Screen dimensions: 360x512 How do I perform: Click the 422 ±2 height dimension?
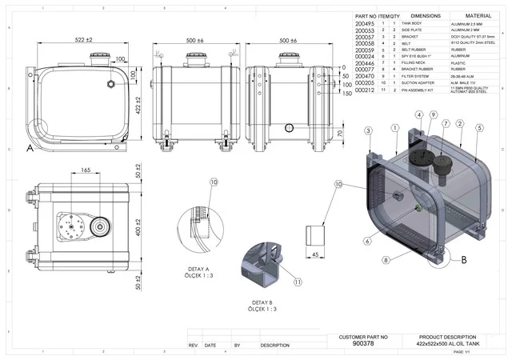(x=138, y=106)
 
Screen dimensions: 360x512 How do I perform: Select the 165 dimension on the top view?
(x=86, y=170)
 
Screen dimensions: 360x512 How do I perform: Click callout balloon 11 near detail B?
(x=297, y=282)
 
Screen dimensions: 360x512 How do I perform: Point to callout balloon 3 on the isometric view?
(x=367, y=130)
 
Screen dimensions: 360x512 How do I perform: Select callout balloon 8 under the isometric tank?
(x=386, y=260)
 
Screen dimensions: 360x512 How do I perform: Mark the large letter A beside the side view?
(x=30, y=149)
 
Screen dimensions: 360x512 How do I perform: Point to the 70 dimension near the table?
(x=340, y=133)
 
